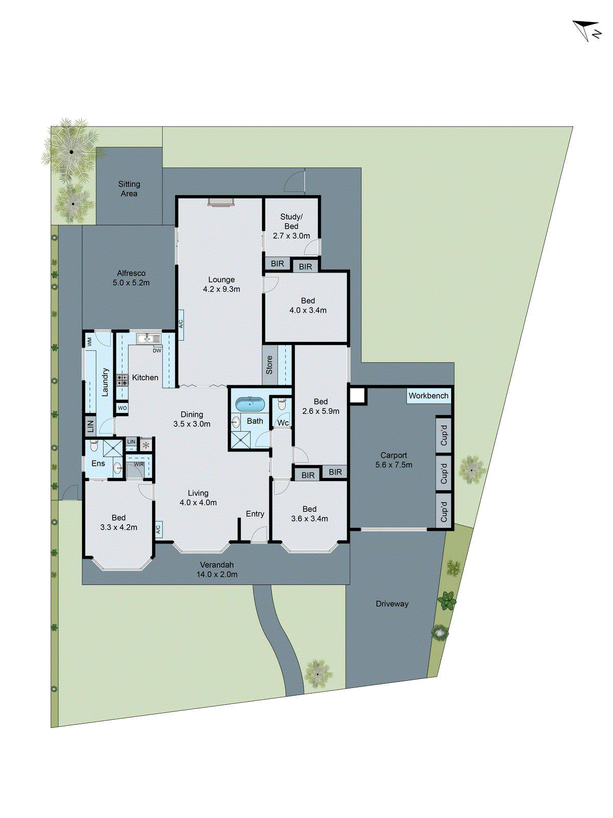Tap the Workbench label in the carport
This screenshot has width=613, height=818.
[428, 396]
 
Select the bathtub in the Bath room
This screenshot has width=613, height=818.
[250, 404]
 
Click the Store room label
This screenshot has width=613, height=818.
[269, 365]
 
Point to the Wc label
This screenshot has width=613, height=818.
[282, 423]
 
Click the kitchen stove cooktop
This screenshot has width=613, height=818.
[122, 380]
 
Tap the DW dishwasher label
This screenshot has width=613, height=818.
[157, 351]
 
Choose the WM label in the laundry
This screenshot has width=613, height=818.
[90, 341]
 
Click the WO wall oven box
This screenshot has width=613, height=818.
[122, 408]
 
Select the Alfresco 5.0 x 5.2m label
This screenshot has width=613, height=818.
[131, 278]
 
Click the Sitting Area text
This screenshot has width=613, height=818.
[129, 189]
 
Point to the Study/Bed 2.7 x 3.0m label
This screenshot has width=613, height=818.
[291, 226]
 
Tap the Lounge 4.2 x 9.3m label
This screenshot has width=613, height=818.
[221, 284]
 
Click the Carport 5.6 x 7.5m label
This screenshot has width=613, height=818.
[393, 460]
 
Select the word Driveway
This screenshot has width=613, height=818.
[392, 604]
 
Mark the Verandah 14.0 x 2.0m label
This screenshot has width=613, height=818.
[217, 570]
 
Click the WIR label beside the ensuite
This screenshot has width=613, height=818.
[138, 464]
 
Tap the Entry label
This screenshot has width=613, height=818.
[255, 514]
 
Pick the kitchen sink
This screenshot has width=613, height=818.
[148, 338]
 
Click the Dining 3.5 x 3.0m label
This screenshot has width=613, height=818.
[192, 419]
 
